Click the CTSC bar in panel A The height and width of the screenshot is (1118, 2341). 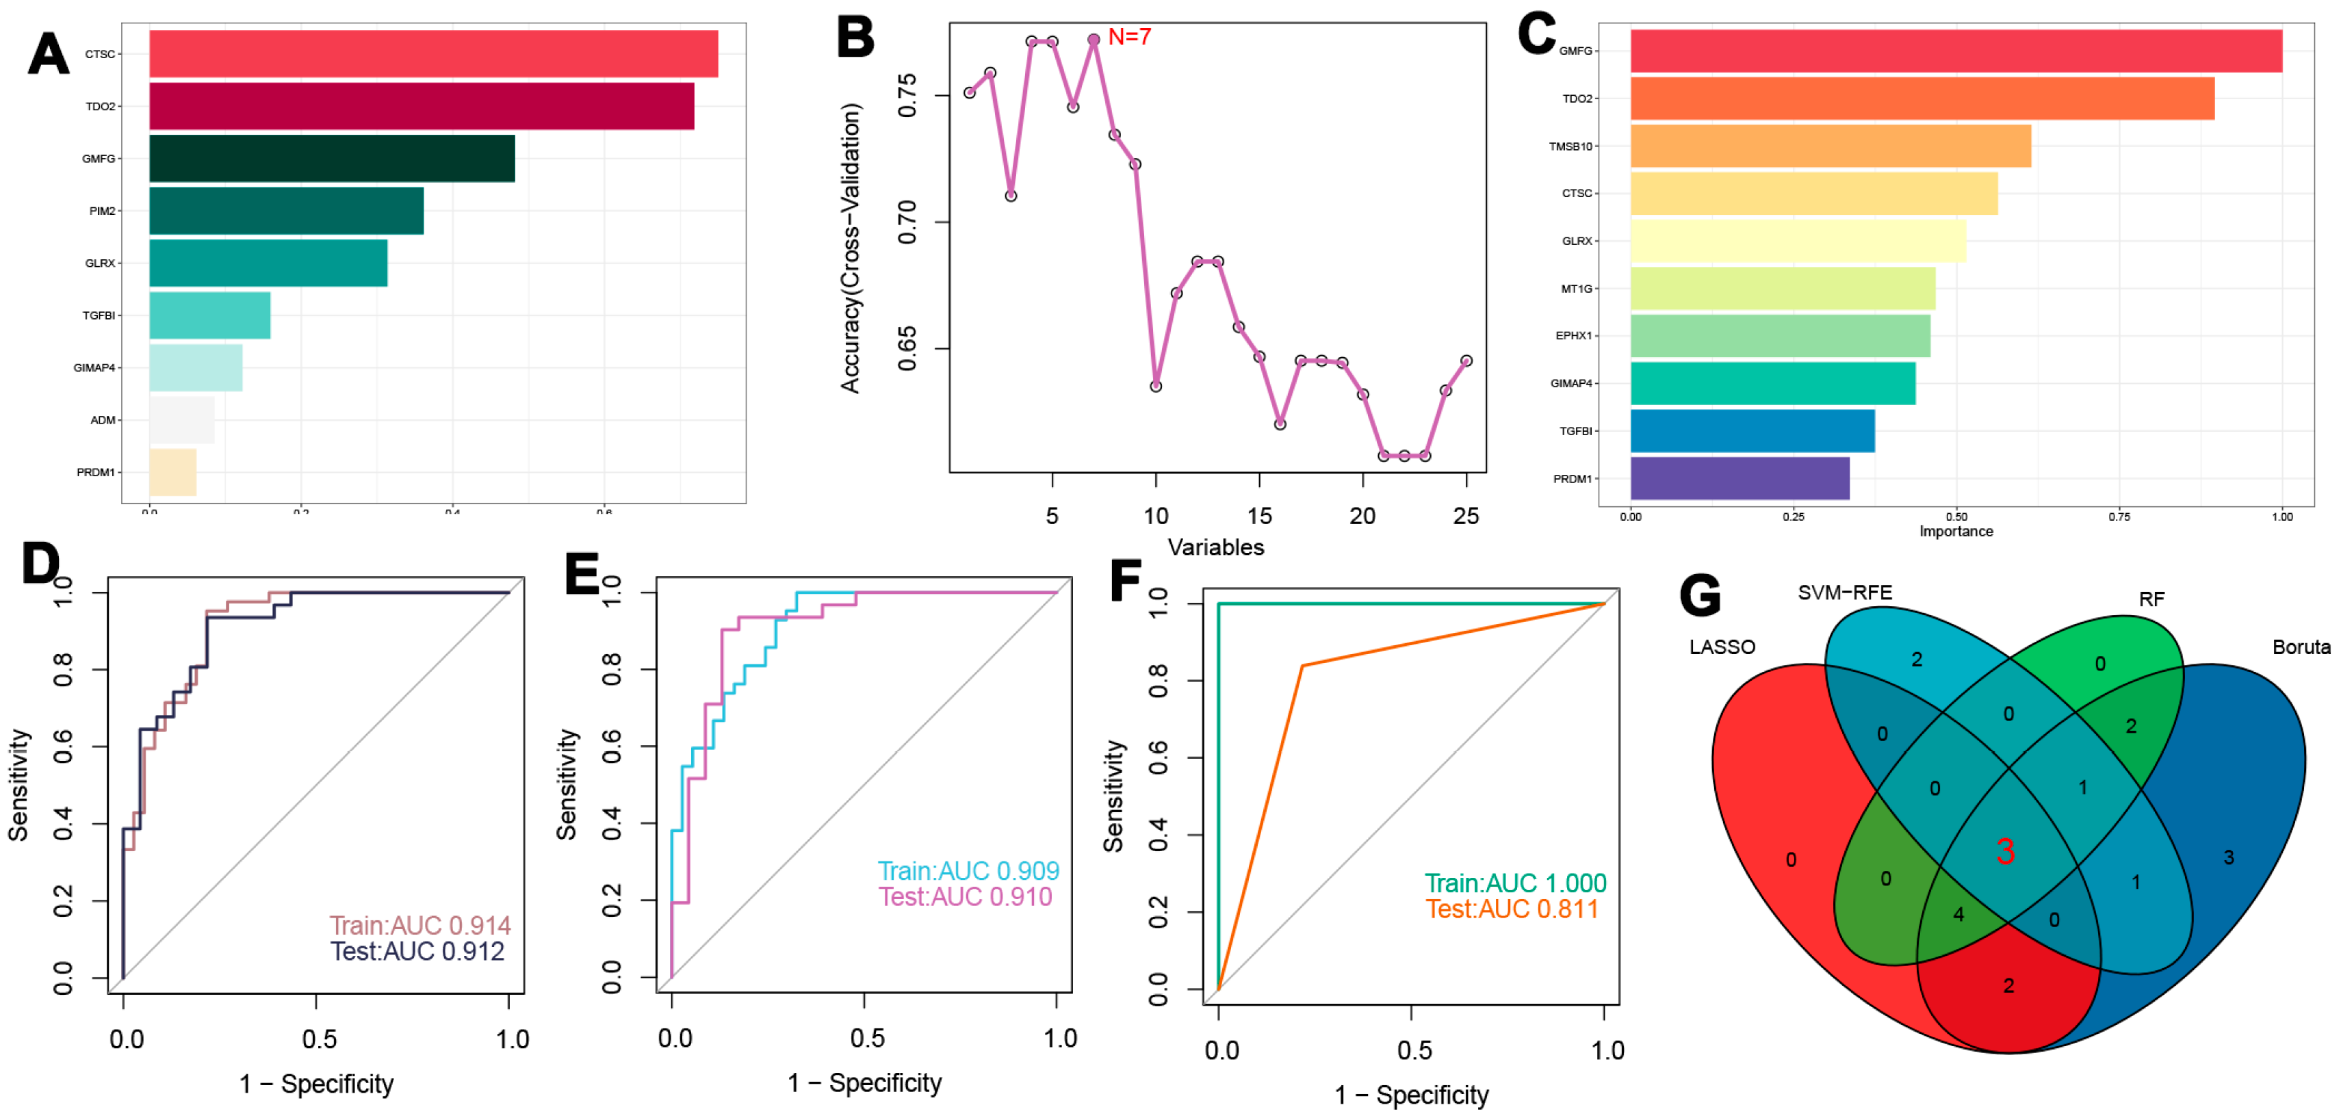[x=433, y=53]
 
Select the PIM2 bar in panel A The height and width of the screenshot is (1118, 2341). [x=286, y=211]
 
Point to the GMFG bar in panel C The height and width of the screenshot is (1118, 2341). [x=1956, y=51]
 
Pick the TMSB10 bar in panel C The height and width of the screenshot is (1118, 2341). [x=1831, y=146]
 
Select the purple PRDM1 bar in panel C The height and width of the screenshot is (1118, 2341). [x=1739, y=478]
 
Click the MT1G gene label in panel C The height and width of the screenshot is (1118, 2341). [x=1577, y=289]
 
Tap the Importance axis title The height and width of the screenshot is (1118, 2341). [x=1956, y=532]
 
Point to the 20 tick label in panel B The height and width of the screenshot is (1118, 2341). [x=1362, y=517]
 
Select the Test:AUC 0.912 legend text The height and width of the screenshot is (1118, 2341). [x=417, y=951]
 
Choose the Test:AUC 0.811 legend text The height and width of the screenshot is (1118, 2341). [x=1512, y=909]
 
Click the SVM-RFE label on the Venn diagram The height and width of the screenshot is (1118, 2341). [x=1845, y=593]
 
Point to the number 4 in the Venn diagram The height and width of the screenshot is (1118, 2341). [x=1958, y=914]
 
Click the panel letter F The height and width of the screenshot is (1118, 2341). [x=1126, y=580]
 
